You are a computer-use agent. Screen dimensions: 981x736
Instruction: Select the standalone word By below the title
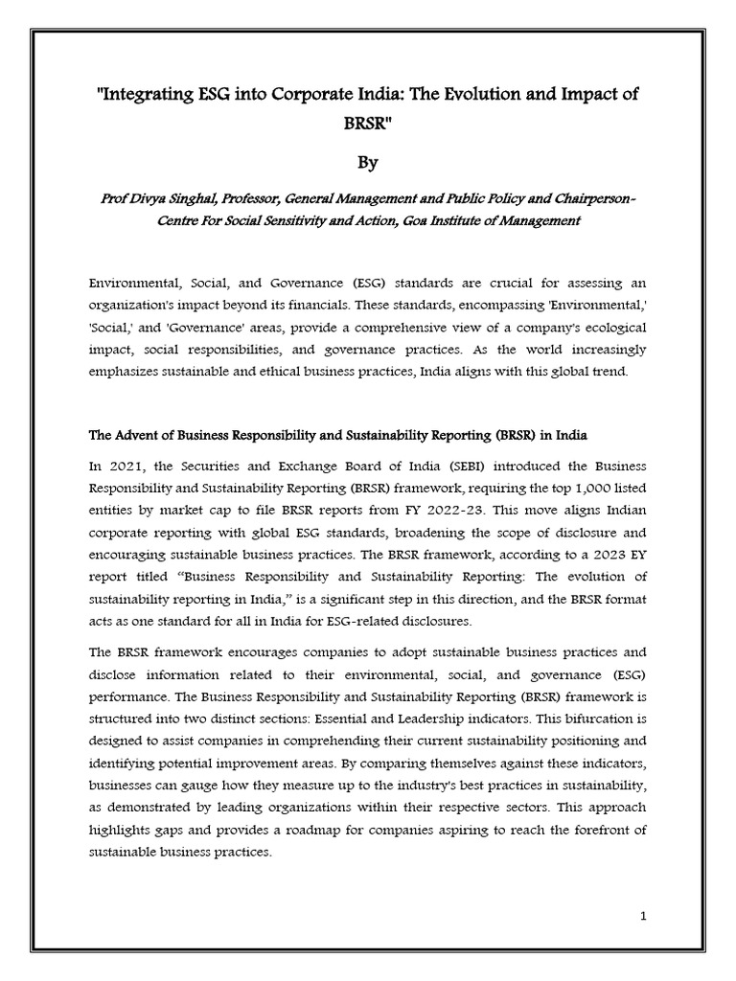[x=368, y=163]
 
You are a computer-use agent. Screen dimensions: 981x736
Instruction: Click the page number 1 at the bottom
[x=644, y=917]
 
